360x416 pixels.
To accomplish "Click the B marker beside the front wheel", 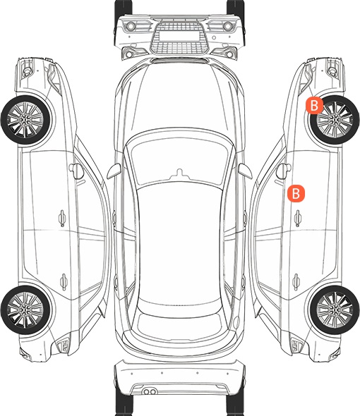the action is pos(314,106).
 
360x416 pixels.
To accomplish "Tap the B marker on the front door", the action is pos(296,193).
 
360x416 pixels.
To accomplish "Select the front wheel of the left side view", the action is pos(25,120).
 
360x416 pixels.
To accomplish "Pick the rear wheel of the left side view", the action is pos(25,310).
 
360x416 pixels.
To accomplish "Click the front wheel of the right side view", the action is pos(335,120).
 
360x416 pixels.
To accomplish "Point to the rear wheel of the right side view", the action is pos(335,310).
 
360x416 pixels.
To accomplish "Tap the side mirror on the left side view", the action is pos(76,171).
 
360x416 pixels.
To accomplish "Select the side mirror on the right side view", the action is pos(283,171).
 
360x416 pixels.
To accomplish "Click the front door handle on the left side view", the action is pos(62,219).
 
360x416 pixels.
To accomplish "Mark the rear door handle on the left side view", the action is pos(64,282).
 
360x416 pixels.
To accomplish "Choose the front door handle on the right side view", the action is pos(298,219).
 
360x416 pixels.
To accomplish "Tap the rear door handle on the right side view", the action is pos(296,282).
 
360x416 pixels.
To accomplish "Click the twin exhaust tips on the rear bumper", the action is pos(150,391).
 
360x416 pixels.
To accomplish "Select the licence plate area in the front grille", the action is pos(179,36).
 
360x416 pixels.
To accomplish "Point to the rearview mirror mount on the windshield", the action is pos(179,173).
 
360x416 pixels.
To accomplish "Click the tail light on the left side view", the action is pos(64,345).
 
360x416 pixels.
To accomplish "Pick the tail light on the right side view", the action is pos(296,345).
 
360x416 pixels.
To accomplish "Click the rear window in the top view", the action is pos(179,326).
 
